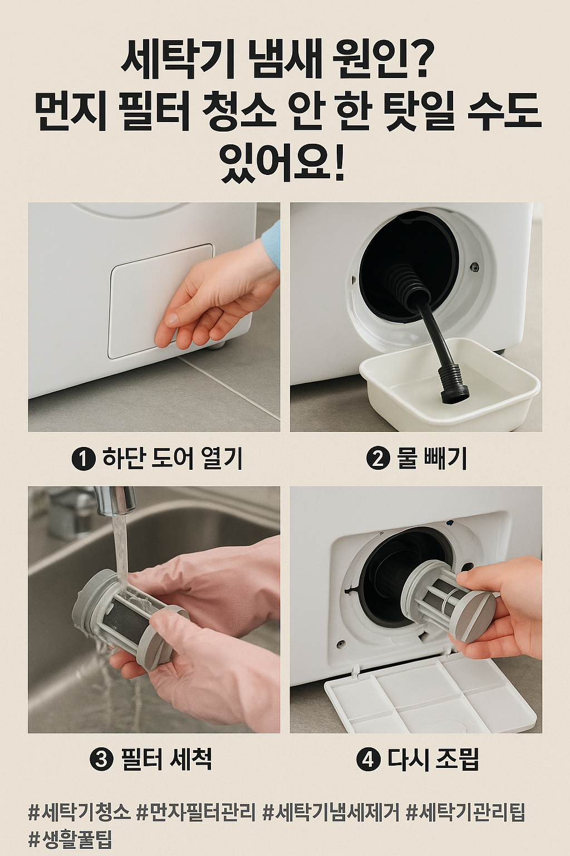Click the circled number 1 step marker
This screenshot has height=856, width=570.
pyautogui.click(x=83, y=459)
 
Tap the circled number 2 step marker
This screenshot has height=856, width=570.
pyautogui.click(x=378, y=459)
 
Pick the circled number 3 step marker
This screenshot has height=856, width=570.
pyautogui.click(x=101, y=760)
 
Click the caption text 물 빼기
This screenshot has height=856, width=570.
pyautogui.click(x=432, y=459)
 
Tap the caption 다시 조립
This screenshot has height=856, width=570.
pyautogui.click(x=433, y=760)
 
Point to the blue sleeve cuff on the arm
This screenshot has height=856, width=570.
pyautogui.click(x=271, y=245)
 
